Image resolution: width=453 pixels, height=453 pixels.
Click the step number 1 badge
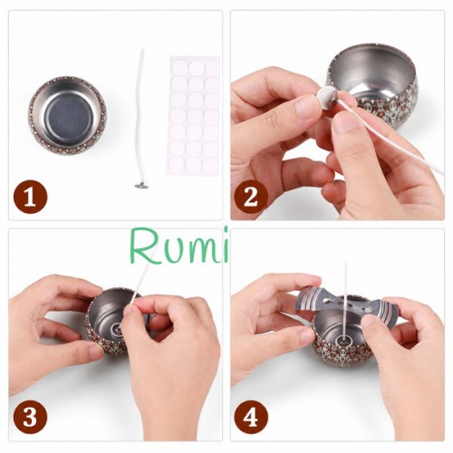pos(30,197)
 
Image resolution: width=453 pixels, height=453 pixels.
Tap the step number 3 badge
pos(30,417)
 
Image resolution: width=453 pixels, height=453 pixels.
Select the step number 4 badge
pos(251,417)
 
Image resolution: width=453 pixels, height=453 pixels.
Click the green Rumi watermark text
pos(179,246)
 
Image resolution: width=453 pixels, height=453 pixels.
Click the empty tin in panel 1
pos(68,115)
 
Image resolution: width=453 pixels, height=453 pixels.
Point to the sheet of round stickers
pos(194,115)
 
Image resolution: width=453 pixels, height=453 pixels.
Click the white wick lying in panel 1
pos(140,119)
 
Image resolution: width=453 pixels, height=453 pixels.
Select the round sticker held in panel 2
pos(329,97)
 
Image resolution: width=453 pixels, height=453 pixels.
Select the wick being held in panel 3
pos(140,281)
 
